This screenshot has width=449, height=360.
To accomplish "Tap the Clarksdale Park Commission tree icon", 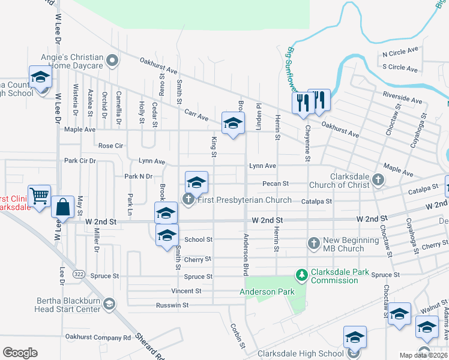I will pos(301,276).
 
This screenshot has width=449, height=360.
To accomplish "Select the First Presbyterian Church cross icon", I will pos(188,200).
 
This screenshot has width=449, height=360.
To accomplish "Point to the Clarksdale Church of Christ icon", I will pos(378,179).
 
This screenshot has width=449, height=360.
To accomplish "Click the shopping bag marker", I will pos(63,208).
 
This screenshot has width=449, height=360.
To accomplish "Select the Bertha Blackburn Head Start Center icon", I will pos(109,304).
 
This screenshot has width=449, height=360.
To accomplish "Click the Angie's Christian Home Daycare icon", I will pos(112,60).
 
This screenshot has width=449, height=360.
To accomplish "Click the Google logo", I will pos(20,353).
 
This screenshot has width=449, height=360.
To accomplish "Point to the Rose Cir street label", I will pos(110,146).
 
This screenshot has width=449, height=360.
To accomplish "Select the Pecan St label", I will pos(276,184).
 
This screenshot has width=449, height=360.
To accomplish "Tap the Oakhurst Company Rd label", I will pos(98,338).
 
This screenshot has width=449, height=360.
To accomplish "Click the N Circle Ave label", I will pos(400,52).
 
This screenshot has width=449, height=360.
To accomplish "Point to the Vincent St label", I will pos(186,291).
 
